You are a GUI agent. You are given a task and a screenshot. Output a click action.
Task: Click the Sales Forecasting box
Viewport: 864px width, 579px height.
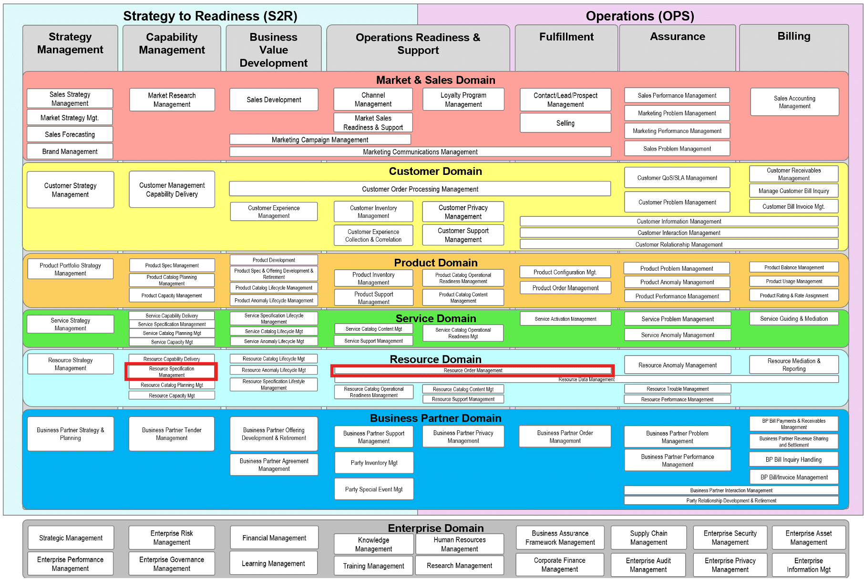coord(70,134)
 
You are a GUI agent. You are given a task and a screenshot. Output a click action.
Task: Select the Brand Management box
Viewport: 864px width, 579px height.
coord(70,152)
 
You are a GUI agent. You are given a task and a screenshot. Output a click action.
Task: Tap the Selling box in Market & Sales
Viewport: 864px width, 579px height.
coord(566,123)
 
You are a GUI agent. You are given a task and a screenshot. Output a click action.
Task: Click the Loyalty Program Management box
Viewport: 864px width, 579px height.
coord(463,100)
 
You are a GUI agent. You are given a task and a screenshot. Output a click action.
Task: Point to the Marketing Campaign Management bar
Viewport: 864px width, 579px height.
coord(320,140)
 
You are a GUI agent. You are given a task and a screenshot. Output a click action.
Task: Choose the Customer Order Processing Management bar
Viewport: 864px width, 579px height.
coord(420,189)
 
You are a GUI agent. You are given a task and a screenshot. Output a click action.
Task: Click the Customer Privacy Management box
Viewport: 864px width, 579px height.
coord(463,212)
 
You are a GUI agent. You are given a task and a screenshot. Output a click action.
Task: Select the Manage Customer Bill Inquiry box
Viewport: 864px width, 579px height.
coord(794,191)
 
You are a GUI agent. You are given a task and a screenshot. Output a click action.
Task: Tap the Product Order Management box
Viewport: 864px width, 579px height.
coord(566,288)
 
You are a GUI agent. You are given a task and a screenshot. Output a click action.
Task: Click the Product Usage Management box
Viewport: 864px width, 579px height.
coord(794,281)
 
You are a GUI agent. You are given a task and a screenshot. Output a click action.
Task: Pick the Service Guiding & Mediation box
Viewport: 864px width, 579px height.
coord(794,319)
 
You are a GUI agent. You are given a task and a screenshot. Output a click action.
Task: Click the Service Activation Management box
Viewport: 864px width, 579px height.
coord(566,319)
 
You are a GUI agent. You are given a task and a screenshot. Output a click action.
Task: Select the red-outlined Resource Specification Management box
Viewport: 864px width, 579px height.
coord(172,372)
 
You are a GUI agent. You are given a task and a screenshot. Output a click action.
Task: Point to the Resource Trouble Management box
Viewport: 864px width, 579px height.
coord(678,389)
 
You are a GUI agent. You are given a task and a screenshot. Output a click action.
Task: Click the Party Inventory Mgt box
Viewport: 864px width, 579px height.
coord(374,463)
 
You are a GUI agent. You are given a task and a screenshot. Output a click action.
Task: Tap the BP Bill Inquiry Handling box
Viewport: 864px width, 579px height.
coord(794,460)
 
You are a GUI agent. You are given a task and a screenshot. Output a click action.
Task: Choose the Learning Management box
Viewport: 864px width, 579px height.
coord(274,563)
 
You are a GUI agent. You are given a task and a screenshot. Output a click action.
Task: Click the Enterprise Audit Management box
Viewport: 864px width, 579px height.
coord(648,565)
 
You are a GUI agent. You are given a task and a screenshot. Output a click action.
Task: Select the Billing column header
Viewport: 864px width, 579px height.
coord(794,36)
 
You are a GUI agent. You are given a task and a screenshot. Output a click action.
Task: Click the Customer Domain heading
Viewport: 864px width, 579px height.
coord(435,171)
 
